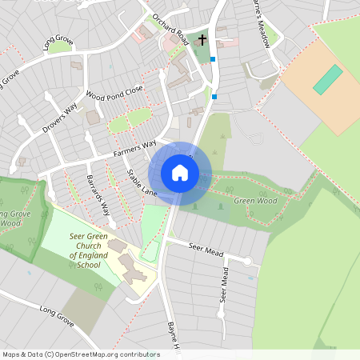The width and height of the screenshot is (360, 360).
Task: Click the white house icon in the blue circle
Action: (180, 173)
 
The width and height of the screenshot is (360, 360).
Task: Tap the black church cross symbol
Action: (202, 38)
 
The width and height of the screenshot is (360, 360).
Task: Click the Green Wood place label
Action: (255, 201)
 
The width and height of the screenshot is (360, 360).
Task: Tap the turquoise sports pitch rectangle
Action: (327, 79)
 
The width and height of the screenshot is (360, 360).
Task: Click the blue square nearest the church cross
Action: (212, 58)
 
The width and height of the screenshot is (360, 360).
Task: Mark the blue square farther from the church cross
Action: (214, 97)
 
